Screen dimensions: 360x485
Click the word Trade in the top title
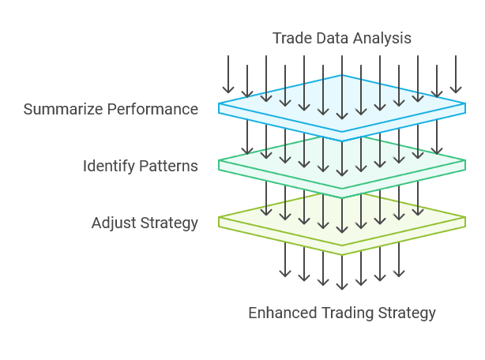[x=290, y=38]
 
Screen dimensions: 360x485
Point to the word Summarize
[x=60, y=109]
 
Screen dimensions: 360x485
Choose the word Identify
[x=107, y=166]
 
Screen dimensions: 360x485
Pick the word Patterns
[x=167, y=166]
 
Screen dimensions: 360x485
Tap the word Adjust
[x=112, y=223]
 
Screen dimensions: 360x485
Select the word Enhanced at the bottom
[x=283, y=313]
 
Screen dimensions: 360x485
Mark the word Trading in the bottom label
[x=348, y=313]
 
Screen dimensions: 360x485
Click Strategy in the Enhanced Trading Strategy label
[x=407, y=313]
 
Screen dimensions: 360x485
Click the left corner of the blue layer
[x=220, y=105]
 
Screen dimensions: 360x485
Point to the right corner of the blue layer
[x=464, y=105]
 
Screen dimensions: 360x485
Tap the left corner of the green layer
[x=220, y=162]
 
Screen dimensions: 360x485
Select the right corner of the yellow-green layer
[x=464, y=219]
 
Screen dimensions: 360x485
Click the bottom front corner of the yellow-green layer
[x=342, y=253]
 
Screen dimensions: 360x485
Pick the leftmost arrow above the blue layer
[x=228, y=75]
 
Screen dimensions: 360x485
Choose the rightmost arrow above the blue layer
[x=456, y=75]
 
